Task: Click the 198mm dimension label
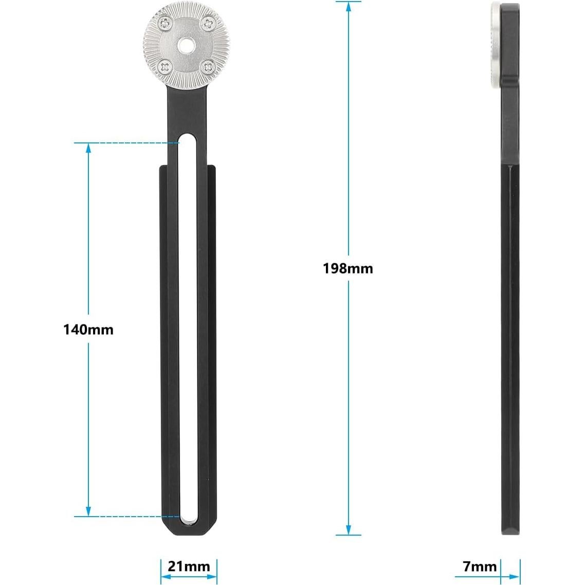348,268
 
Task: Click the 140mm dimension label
88,329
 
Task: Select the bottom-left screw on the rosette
164,65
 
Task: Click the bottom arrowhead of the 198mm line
349,530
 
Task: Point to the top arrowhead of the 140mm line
88,148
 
